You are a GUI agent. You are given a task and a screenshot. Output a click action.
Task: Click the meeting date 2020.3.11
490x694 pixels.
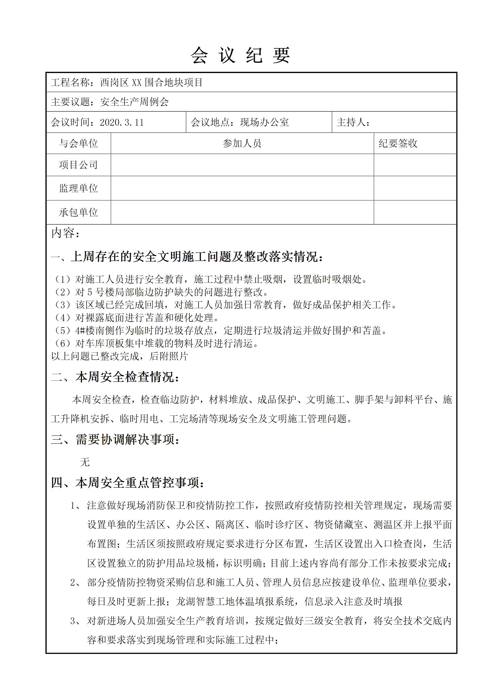tap(122, 122)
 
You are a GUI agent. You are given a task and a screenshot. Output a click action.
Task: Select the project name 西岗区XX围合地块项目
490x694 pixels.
tap(151, 82)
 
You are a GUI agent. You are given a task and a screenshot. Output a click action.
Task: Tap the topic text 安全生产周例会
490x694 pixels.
tap(134, 102)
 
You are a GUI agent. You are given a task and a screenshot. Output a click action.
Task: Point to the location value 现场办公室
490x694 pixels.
tap(265, 122)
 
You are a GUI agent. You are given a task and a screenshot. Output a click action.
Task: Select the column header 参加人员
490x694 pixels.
tap(242, 143)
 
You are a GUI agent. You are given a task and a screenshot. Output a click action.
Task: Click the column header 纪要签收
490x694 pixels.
tap(398, 143)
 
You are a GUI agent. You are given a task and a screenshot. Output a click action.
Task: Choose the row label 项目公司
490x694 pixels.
tap(78, 165)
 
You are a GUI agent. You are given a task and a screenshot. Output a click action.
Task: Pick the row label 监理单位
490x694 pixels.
tap(78, 188)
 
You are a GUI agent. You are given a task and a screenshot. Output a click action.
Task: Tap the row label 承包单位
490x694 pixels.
tap(78, 212)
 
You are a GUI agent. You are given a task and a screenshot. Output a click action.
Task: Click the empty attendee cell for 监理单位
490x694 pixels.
tap(242, 188)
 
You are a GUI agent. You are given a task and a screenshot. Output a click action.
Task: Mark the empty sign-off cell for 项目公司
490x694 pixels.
tap(415, 165)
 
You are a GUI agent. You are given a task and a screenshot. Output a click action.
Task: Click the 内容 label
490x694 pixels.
tap(66, 233)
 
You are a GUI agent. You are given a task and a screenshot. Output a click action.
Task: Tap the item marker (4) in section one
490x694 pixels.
tap(63, 318)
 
